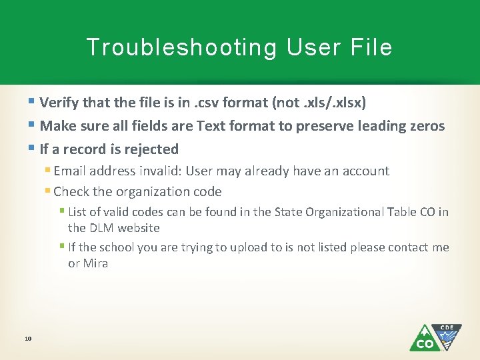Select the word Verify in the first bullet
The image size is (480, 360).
coord(59,103)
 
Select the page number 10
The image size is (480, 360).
coord(28,339)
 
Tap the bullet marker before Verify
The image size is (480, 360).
coord(33,103)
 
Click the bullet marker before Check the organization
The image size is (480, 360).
coord(48,191)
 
